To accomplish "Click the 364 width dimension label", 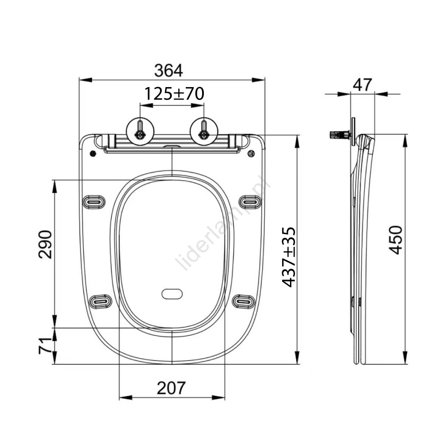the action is (x=168, y=70).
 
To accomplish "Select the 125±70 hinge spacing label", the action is (x=174, y=94).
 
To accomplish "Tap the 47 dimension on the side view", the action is (x=362, y=84).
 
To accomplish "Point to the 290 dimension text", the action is (x=45, y=245).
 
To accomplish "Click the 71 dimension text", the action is (x=45, y=346).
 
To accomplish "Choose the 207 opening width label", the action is (x=171, y=388).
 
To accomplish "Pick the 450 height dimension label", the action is (x=395, y=240).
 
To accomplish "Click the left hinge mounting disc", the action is (x=140, y=131).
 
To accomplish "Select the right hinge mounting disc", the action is (x=204, y=131).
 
